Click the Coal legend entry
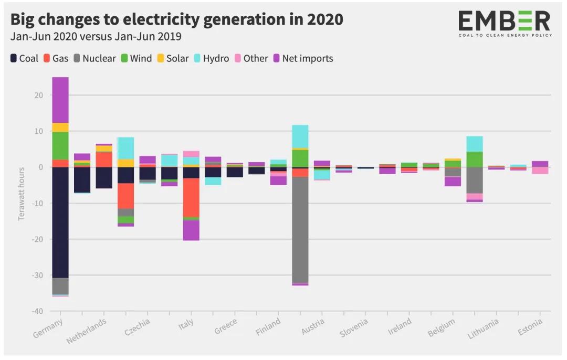[24, 58]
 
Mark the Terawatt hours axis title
[22, 194]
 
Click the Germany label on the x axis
[48, 329]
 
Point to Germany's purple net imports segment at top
[60, 100]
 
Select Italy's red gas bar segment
[191, 197]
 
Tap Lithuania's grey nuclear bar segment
[475, 180]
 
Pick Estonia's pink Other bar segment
[540, 170]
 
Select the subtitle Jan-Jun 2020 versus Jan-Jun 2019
[96, 37]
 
